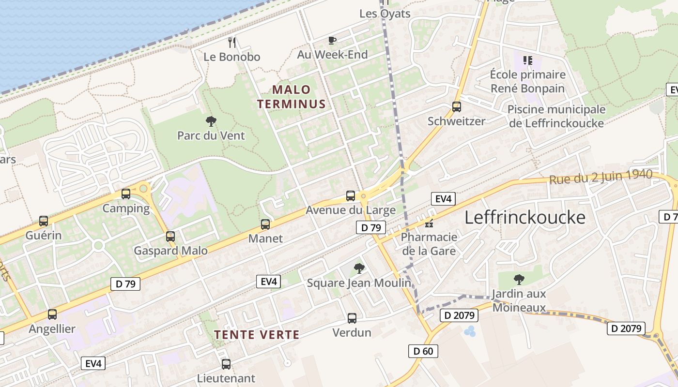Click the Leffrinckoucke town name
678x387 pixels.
point(525,218)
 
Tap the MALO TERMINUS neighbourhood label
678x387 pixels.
point(291,97)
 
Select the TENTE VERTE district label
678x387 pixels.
point(257,334)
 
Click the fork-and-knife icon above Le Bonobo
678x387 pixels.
point(232,43)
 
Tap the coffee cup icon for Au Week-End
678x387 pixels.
point(332,40)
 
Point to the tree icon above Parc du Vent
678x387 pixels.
point(211,121)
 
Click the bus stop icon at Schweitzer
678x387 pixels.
point(456,107)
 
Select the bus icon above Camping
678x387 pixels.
point(126,194)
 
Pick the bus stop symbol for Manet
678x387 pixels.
point(265,224)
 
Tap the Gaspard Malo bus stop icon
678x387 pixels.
point(170,237)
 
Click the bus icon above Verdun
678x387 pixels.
point(352,318)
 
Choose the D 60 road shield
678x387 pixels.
point(423,351)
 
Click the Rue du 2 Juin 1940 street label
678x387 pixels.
point(601,177)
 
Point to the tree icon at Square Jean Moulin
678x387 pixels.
point(359,268)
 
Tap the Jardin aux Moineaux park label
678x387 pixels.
point(519,300)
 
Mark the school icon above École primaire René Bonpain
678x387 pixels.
point(527,60)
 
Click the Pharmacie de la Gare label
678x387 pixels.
point(429,244)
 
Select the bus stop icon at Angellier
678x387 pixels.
point(52,314)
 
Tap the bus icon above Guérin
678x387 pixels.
point(44,221)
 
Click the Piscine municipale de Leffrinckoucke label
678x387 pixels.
point(556,116)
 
